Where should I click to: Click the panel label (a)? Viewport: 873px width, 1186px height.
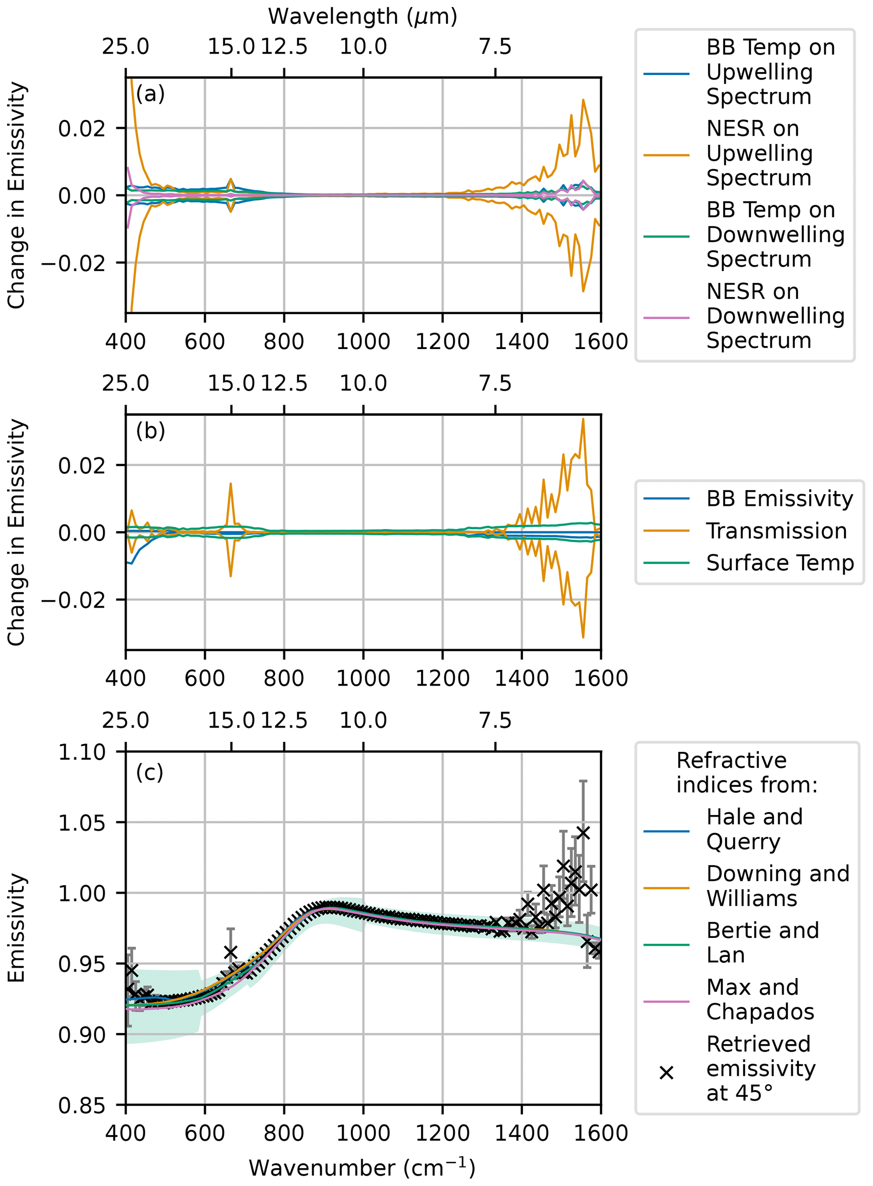[150, 94]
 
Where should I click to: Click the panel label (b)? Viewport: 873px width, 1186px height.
[150, 431]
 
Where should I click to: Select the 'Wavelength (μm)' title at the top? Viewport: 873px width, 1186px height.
[362, 16]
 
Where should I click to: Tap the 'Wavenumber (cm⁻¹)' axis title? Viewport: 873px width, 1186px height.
[362, 1167]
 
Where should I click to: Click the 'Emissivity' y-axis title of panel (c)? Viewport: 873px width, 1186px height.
[16, 928]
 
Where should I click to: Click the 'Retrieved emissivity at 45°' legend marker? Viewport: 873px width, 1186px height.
[666, 1073]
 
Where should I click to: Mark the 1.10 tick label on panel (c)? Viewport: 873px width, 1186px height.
[82, 753]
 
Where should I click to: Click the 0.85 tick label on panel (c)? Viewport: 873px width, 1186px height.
[82, 1106]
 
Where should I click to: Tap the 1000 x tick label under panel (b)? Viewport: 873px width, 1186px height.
[363, 679]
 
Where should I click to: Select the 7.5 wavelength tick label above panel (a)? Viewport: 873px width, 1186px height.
[495, 47]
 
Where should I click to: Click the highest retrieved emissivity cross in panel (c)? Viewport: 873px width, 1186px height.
[583, 833]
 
